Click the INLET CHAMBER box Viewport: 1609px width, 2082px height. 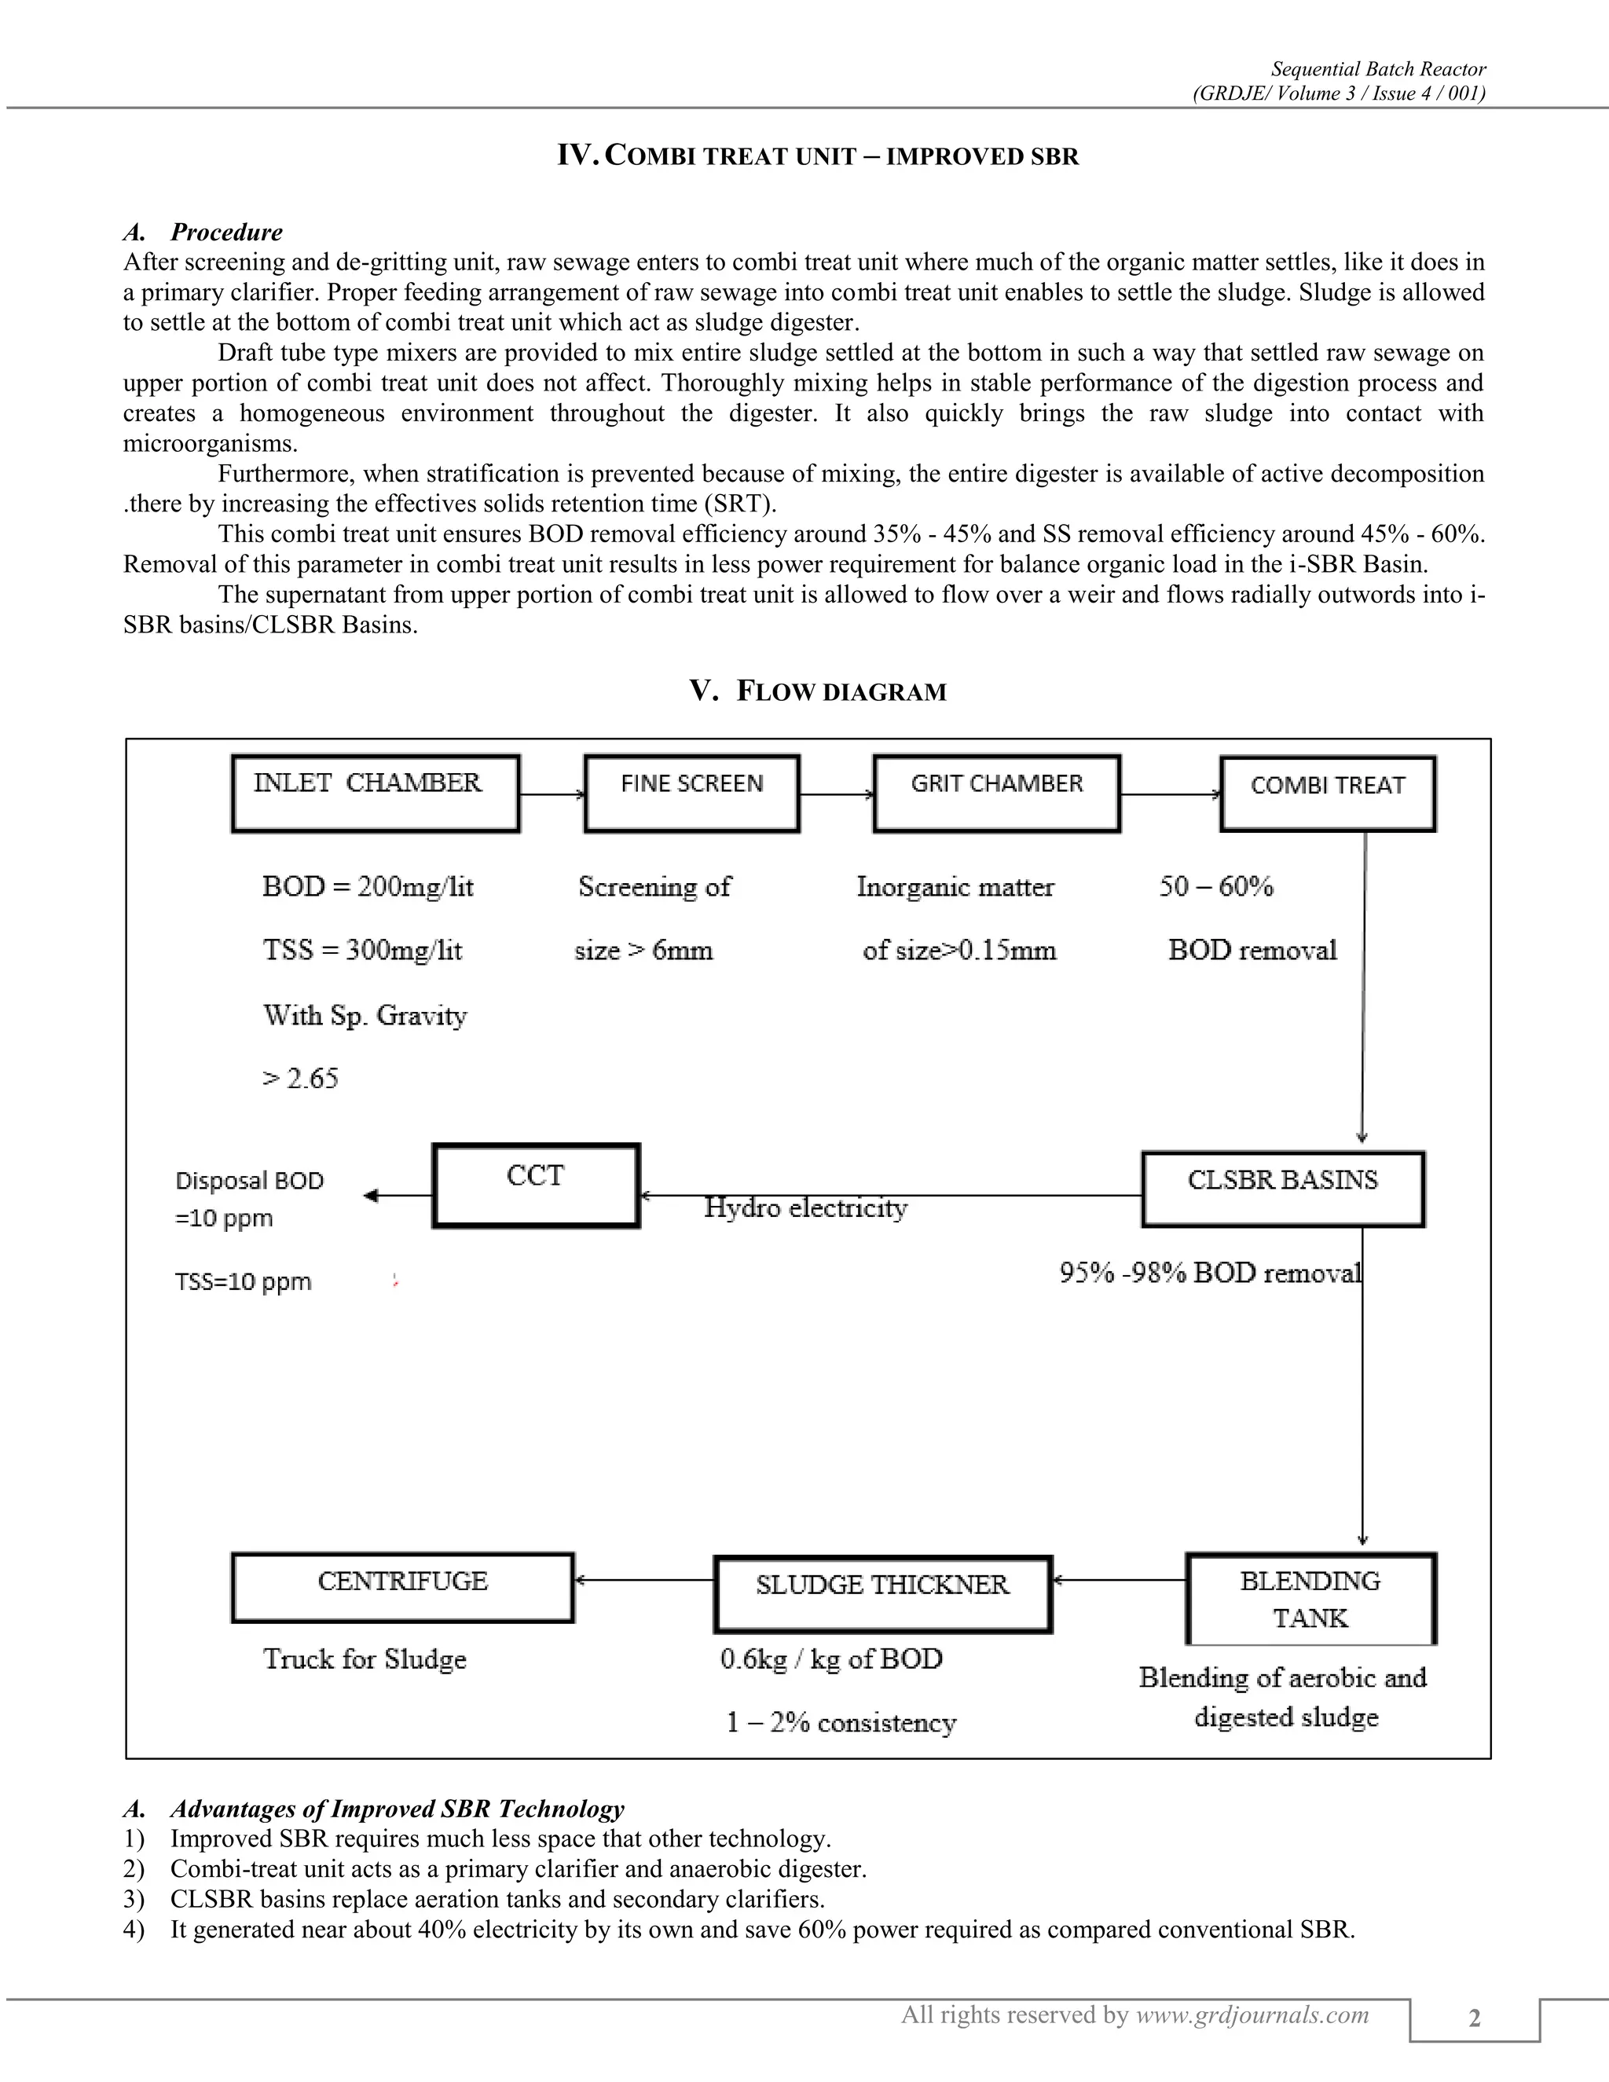tap(376, 794)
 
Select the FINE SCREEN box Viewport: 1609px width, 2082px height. tap(691, 794)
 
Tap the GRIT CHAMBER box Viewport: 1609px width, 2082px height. tap(996, 794)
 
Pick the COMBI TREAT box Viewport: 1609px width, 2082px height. tap(1327, 794)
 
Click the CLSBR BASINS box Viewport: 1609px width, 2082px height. tap(1282, 1189)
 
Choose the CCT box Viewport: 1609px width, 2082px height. tap(536, 1185)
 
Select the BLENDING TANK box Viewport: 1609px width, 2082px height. tap(1310, 1599)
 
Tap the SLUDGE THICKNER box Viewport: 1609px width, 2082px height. tap(881, 1594)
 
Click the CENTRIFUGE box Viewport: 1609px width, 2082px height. tap(402, 1587)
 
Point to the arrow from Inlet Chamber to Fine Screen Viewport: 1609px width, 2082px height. tap(552, 794)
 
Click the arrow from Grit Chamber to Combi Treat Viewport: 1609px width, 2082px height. tap(1171, 794)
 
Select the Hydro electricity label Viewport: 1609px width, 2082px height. tap(805, 1208)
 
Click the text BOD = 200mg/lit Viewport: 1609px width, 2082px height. tap(368, 886)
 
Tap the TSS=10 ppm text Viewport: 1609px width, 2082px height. tap(243, 1281)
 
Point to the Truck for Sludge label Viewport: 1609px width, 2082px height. tap(364, 1659)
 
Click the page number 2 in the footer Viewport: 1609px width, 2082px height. tap(1474, 2018)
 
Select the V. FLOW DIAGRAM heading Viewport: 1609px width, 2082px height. tap(818, 691)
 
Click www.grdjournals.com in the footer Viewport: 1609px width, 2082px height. tap(1252, 2014)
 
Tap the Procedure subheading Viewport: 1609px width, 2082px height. tap(226, 232)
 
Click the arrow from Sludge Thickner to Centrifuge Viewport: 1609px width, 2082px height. tap(643, 1580)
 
